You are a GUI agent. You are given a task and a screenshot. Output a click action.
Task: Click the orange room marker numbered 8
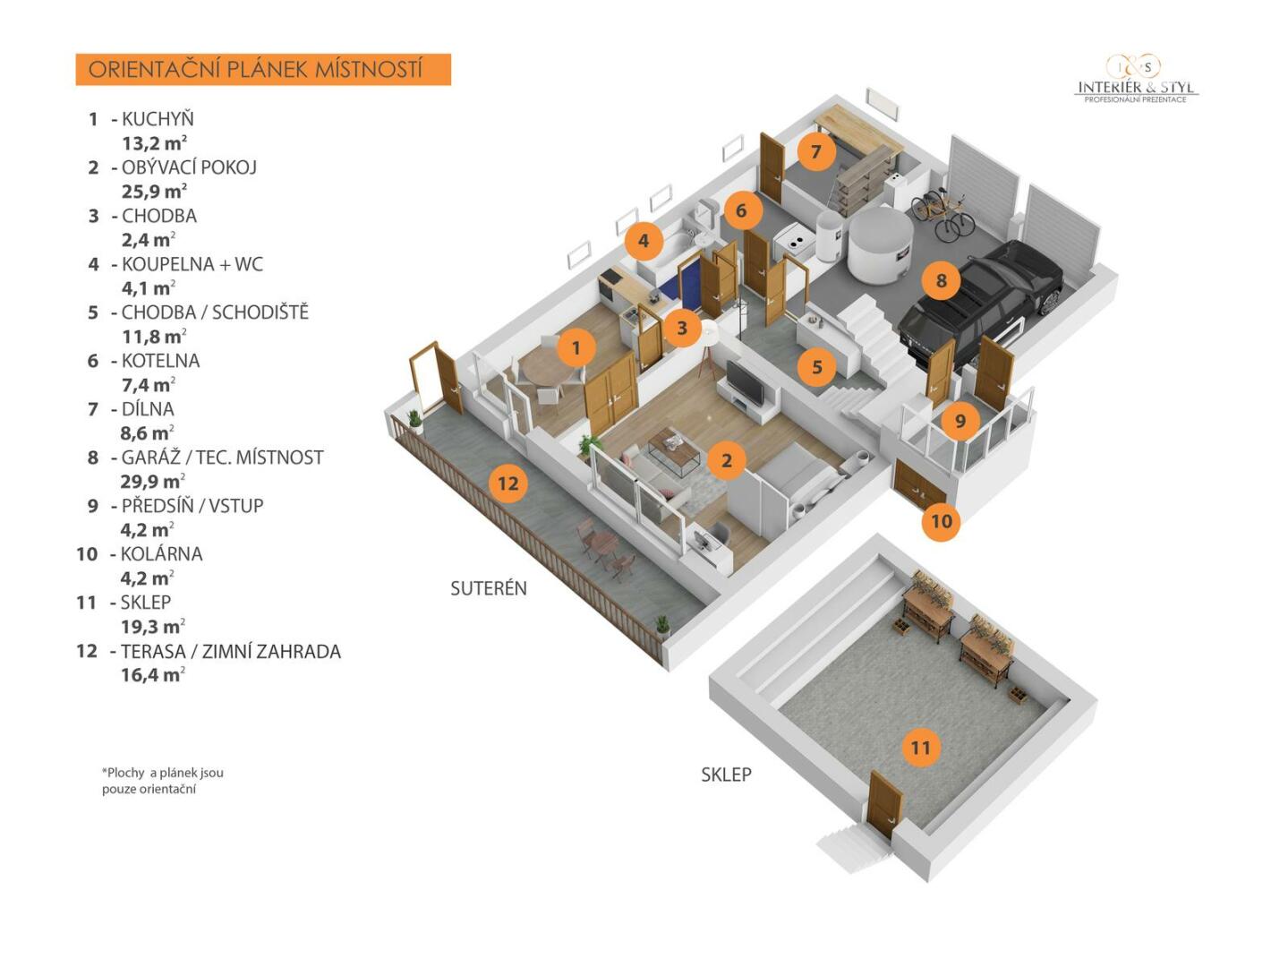941,281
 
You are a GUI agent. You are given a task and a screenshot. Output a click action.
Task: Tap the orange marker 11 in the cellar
920,748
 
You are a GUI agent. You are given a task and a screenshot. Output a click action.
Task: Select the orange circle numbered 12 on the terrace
508,483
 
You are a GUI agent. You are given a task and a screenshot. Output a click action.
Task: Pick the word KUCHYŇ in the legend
158,119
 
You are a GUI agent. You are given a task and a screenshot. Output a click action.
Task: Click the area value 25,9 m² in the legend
154,192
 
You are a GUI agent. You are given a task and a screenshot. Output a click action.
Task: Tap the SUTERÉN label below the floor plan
488,588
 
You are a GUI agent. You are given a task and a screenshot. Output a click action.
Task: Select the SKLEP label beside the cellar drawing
726,774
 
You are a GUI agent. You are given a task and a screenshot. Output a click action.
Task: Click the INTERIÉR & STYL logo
1136,80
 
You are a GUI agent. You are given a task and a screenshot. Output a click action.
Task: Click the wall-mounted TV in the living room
746,383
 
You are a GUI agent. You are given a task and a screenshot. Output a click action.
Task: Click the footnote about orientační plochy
162,781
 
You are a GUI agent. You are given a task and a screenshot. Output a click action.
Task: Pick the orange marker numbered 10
941,521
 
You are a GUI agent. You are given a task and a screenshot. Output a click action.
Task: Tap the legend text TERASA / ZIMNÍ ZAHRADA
231,652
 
